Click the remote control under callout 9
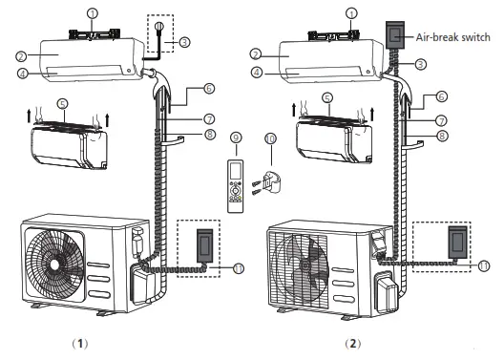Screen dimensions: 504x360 236,186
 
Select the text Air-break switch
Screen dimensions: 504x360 452,37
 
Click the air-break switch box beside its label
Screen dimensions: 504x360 395,34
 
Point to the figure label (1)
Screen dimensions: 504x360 80,344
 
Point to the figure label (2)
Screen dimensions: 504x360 353,344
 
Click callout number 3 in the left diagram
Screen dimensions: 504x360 184,42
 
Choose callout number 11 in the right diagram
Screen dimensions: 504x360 484,265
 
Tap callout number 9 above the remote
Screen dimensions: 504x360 237,138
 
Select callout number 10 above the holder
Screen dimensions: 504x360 271,138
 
